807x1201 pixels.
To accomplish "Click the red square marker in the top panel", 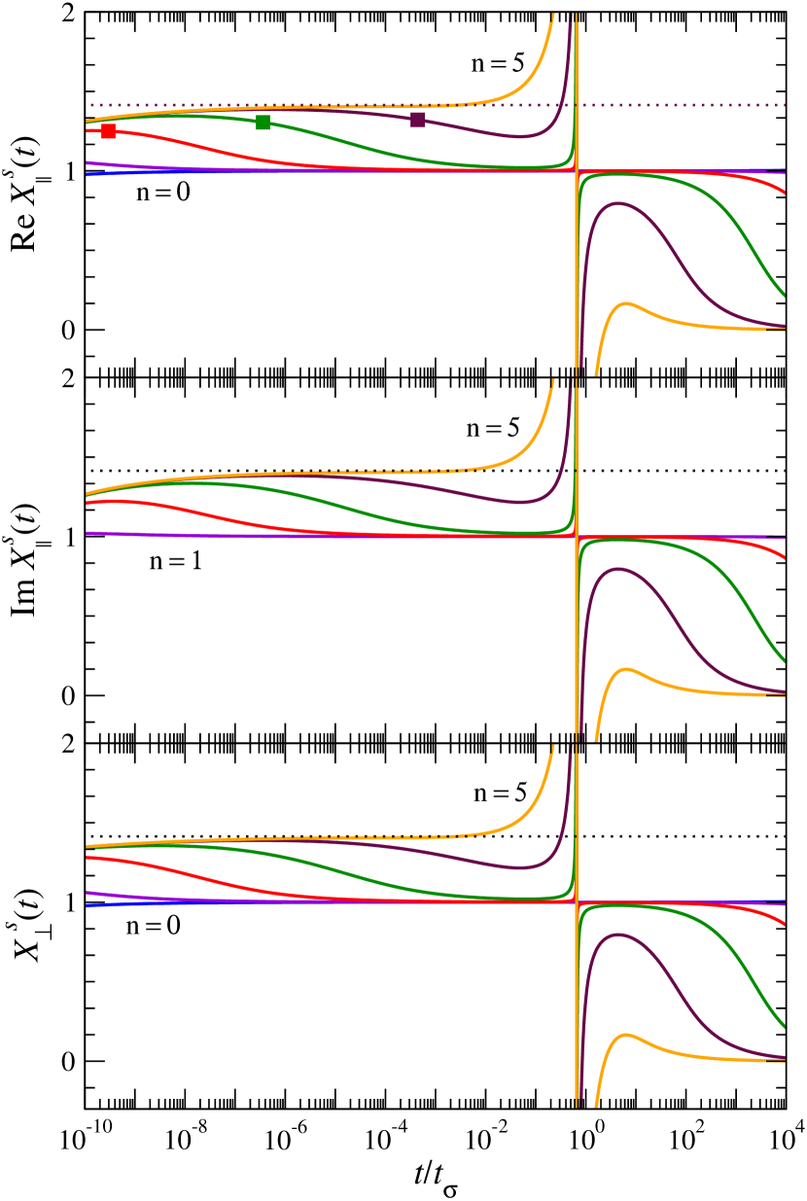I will (x=108, y=131).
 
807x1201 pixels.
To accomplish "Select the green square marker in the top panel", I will (x=263, y=122).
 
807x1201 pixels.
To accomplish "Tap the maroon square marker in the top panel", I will (x=417, y=120).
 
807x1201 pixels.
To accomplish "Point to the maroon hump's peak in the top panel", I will (x=616, y=203).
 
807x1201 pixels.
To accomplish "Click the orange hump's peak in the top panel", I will (x=626, y=303).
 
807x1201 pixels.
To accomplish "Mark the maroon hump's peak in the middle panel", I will (x=616, y=569).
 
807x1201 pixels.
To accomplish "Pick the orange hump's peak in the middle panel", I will (x=626, y=669).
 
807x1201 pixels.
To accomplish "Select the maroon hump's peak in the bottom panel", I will (x=616, y=935).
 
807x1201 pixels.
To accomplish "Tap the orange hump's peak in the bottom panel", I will (x=626, y=1035).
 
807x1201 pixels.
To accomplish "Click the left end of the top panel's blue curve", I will (x=88, y=175).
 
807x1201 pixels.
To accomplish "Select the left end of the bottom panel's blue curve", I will (x=88, y=905).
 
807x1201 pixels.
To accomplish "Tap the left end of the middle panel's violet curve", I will (x=88, y=533).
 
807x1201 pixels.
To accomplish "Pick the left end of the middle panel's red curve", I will (x=88, y=503).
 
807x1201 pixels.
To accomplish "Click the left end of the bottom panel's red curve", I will (x=88, y=857).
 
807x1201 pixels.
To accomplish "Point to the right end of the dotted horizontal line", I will (x=784, y=105).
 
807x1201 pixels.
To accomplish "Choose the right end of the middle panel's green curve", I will (x=784, y=661).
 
